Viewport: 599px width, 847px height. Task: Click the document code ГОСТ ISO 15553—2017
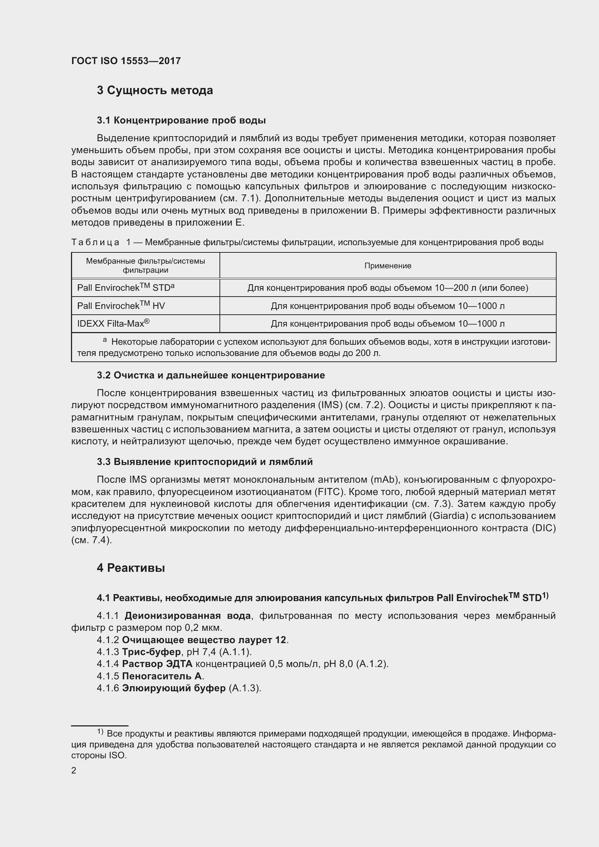click(126, 61)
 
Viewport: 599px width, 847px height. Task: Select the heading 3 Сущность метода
click(155, 91)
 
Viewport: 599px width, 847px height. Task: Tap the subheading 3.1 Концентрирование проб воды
click(181, 120)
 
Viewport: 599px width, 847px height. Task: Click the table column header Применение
click(388, 265)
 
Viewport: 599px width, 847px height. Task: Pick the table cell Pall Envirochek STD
click(125, 288)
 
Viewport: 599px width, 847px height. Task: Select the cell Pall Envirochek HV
click(121, 306)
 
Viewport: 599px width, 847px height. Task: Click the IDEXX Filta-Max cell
click(113, 323)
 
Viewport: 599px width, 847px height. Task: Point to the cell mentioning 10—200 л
click(388, 288)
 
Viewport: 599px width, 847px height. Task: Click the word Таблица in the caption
click(96, 242)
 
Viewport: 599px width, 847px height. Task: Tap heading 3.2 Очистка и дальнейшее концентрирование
click(211, 375)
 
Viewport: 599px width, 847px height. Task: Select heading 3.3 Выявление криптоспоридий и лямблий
click(205, 461)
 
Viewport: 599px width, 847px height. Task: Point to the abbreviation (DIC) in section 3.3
click(543, 528)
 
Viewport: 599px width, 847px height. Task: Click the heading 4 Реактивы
click(131, 568)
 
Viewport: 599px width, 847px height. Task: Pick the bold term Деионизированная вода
click(187, 616)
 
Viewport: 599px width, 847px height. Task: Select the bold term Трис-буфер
click(151, 652)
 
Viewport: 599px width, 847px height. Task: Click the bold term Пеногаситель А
click(162, 676)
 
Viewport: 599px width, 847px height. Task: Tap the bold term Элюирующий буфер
click(173, 688)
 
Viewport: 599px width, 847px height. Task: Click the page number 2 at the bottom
click(74, 770)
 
